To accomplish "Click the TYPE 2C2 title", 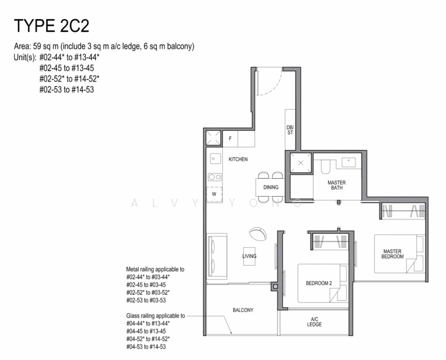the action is coord(52,26).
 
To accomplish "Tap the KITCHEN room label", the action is coord(238,160).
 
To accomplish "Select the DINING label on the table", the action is coord(271,187).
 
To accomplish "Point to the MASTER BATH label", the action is coord(337,185).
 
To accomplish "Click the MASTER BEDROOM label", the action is coord(393,254).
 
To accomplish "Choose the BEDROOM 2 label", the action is coord(319,283).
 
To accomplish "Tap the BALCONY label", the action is coord(243,310).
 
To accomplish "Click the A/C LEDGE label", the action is coord(314,322).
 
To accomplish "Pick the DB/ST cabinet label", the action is coord(290,130).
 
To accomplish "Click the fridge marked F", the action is coord(230,139).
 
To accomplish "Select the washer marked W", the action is coord(214,194).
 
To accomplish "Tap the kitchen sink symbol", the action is coord(215,158).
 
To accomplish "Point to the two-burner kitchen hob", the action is coord(215,177).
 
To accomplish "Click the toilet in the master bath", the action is coord(326,166).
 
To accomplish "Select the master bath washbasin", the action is coord(349,162).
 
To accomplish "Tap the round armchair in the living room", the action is coord(258,234).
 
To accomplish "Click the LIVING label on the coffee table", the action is coord(249,256).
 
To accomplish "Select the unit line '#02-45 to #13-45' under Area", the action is coord(67,68).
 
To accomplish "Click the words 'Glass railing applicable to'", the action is coord(156,316).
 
